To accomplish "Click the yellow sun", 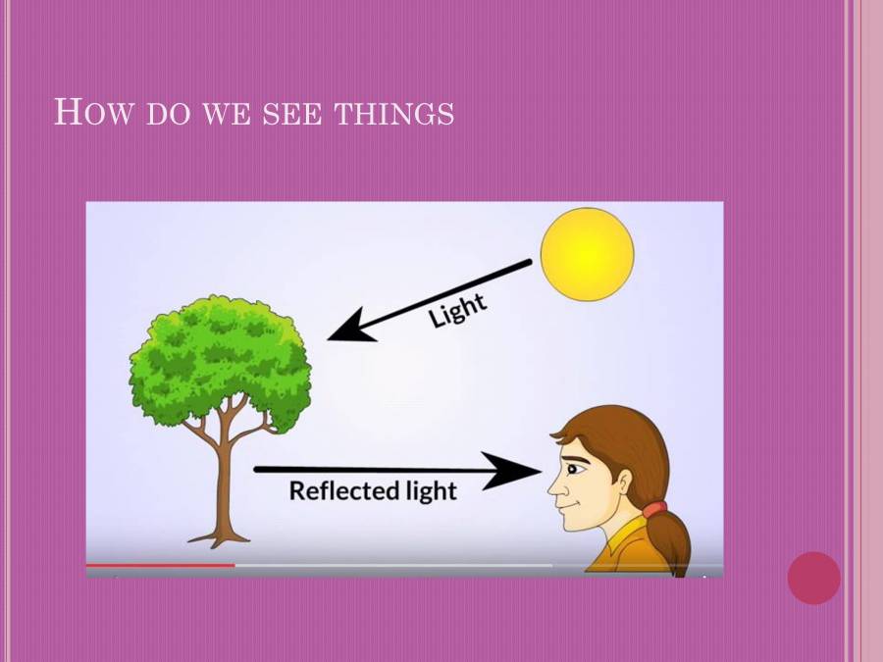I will pos(588,253).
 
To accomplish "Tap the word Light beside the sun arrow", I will pos(457,310).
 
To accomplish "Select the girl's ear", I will pos(622,480).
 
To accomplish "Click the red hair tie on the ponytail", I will pos(654,509).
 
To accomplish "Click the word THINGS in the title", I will pos(393,113).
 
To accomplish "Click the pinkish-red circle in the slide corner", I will pos(813,578).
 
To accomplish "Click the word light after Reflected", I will pos(431,489).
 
